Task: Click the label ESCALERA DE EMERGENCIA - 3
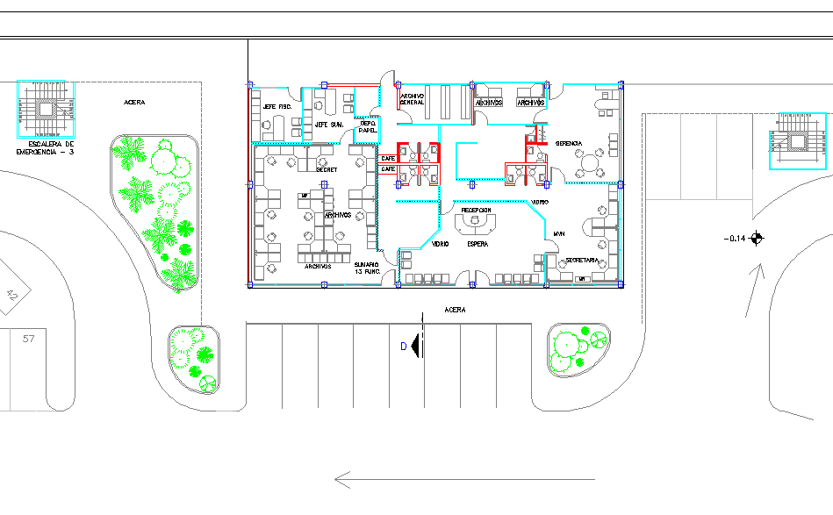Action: pos(47,147)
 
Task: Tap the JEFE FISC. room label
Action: pos(276,107)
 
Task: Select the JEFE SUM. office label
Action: pos(328,125)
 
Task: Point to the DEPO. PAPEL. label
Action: pos(368,127)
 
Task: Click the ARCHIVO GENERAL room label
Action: pos(412,99)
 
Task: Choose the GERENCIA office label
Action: pos(569,143)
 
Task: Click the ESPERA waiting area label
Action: pos(478,243)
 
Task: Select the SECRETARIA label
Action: pos(582,261)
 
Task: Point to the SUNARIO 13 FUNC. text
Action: pos(366,268)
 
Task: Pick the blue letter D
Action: pos(404,347)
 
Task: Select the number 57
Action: pos(29,338)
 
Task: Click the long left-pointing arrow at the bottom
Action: pos(465,479)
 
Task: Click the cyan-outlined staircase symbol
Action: pos(799,140)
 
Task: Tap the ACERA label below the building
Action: pos(455,310)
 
